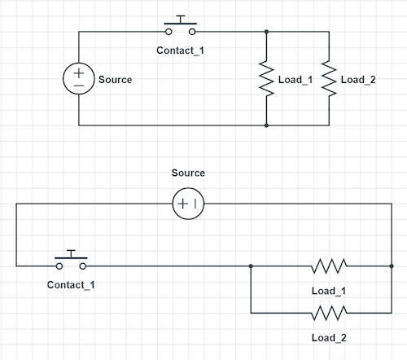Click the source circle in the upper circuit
pyautogui.click(x=79, y=79)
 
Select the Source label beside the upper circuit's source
pyautogui.click(x=115, y=80)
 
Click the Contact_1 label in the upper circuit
pyautogui.click(x=181, y=50)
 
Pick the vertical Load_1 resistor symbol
pyautogui.click(x=266, y=79)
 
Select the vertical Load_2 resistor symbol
pyautogui.click(x=328, y=79)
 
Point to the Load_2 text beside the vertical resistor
pyautogui.click(x=358, y=80)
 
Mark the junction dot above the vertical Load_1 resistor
pyautogui.click(x=266, y=32)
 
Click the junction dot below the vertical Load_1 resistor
pyautogui.click(x=266, y=125)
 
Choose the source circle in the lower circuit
pyautogui.click(x=188, y=204)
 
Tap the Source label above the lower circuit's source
pyautogui.click(x=188, y=173)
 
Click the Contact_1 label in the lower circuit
pyautogui.click(x=72, y=285)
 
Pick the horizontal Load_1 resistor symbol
pyautogui.click(x=329, y=266)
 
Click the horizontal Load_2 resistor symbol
pyautogui.click(x=329, y=313)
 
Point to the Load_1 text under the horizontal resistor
pyautogui.click(x=329, y=291)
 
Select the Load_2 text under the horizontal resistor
pyautogui.click(x=329, y=337)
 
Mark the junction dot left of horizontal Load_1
pyautogui.click(x=251, y=266)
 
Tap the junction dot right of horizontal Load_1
pyautogui.click(x=392, y=266)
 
